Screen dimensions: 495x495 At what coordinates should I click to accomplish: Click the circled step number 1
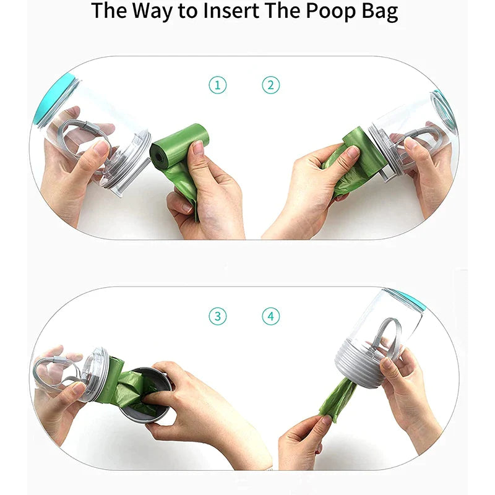click(218, 85)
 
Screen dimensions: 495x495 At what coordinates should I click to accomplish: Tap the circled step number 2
click(271, 85)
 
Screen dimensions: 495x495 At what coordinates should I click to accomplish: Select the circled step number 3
click(218, 316)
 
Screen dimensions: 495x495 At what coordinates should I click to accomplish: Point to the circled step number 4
click(271, 316)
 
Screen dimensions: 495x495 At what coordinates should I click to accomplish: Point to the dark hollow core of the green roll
click(157, 155)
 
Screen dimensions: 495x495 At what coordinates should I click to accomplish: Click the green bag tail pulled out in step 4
click(338, 398)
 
